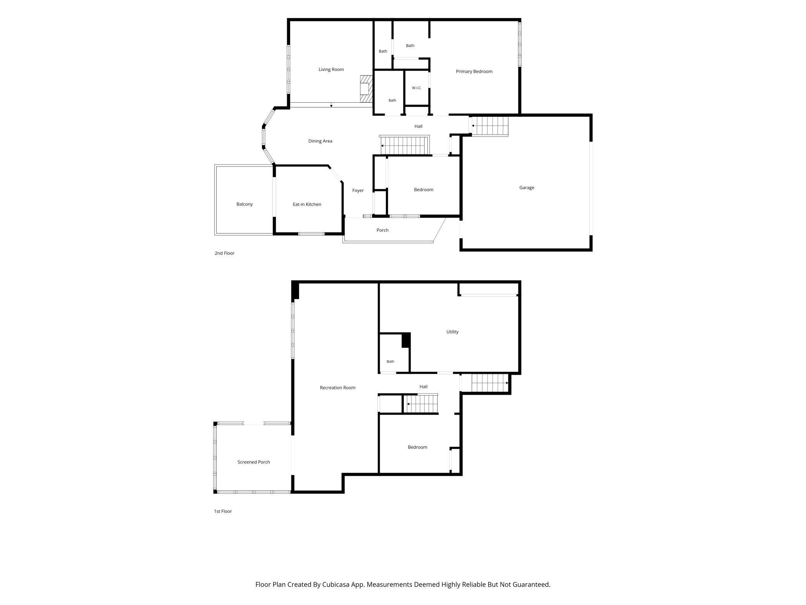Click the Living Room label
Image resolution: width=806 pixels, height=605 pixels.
331,69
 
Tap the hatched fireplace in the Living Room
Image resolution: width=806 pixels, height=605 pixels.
366,89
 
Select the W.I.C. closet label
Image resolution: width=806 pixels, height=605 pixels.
417,88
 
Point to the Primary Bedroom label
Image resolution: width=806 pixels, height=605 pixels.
474,71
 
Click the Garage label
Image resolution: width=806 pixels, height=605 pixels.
527,188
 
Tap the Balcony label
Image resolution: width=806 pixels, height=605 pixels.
245,204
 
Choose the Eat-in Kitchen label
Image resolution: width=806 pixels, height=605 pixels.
307,204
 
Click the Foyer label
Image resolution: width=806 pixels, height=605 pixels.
358,190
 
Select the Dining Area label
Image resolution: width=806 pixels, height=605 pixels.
320,141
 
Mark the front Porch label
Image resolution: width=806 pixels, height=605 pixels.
382,230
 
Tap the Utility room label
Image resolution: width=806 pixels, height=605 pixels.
452,332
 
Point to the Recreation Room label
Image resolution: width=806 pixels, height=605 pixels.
338,388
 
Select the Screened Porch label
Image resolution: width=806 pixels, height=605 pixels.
253,462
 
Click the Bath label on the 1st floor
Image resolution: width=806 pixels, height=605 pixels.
390,361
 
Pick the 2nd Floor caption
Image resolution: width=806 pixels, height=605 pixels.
224,253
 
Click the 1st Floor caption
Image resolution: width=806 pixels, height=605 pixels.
223,511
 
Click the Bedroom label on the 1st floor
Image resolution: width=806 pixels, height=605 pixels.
417,447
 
